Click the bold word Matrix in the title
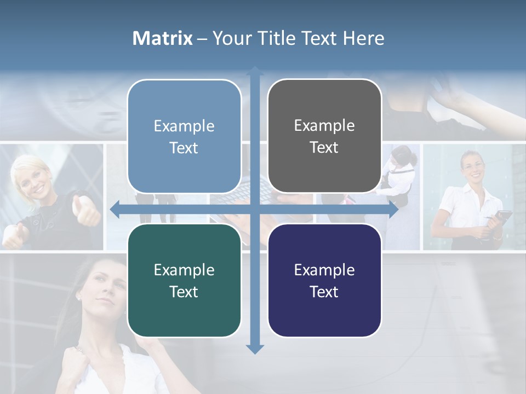tap(163, 38)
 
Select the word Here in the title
tap(363, 38)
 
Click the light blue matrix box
tap(184, 136)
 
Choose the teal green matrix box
tap(184, 280)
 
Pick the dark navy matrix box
tap(324, 280)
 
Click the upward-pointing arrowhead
tap(255, 72)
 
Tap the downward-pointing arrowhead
tap(255, 349)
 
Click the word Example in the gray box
tap(324, 125)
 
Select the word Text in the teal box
tap(184, 292)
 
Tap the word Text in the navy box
tap(324, 292)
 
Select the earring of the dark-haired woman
tap(78, 298)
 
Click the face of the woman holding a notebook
tap(472, 167)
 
